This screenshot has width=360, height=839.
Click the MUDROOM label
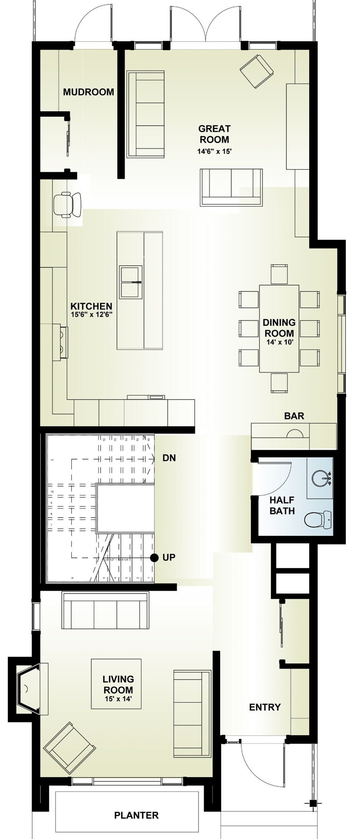point(89,92)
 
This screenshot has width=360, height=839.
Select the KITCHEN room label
point(91,306)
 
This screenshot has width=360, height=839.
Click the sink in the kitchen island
point(131,282)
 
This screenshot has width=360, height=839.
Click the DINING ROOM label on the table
point(279,328)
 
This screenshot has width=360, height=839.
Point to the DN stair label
point(169,458)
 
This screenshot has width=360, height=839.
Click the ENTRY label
point(264,707)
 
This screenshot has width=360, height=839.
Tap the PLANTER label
point(136,815)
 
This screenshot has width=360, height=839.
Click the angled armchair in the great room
point(257,71)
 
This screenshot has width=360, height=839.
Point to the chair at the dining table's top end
point(279,274)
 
